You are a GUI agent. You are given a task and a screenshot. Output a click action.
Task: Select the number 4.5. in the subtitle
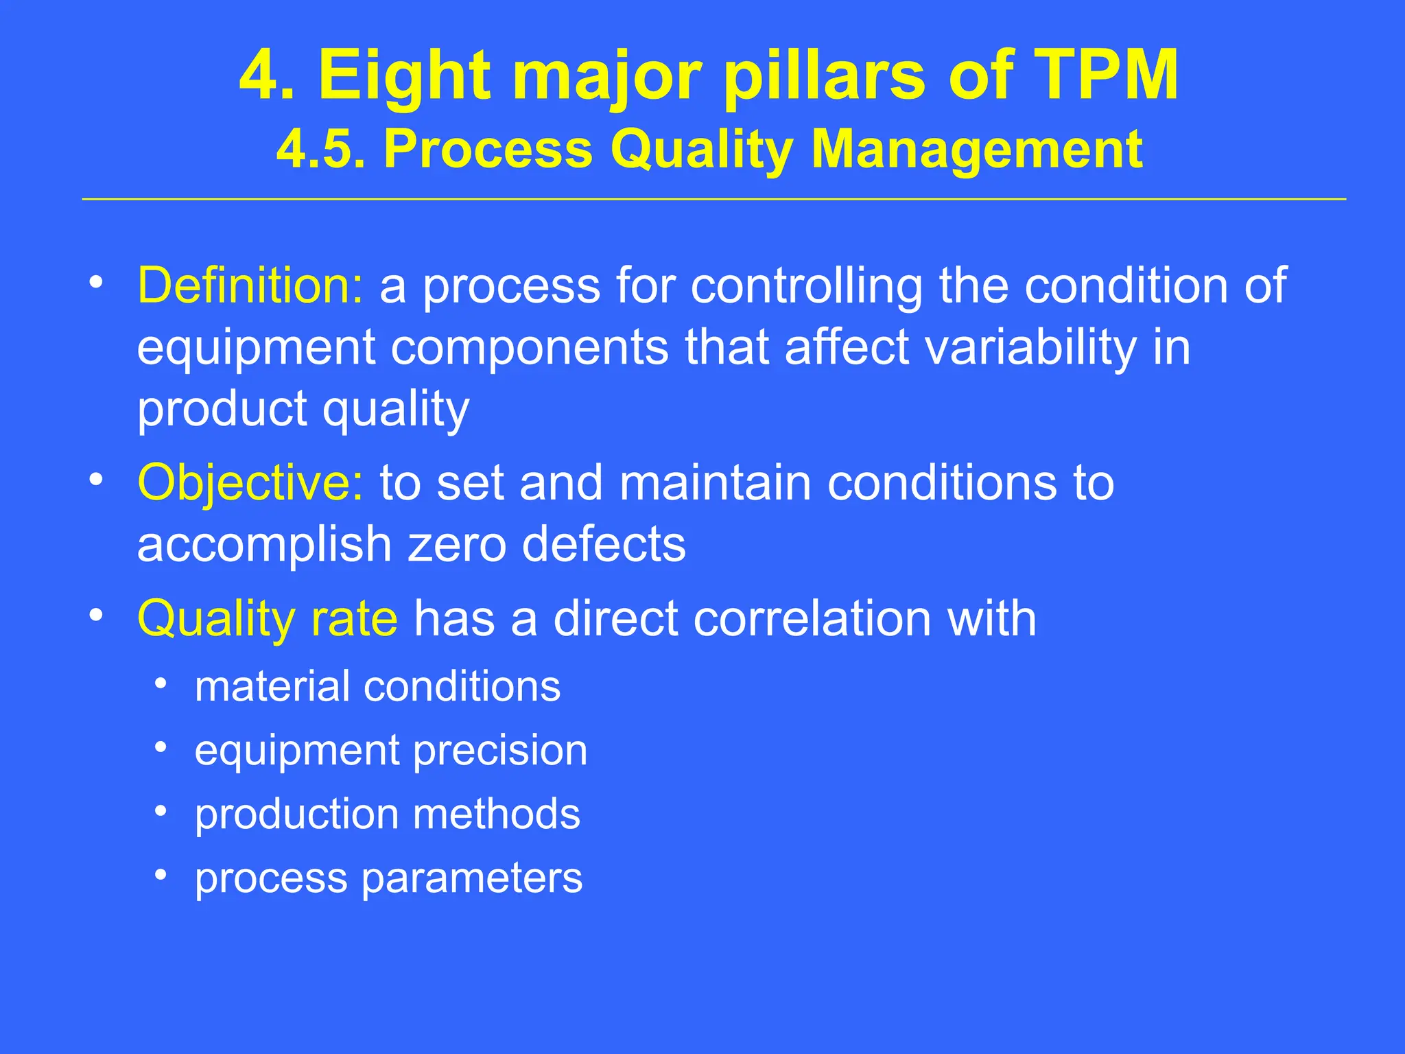320,149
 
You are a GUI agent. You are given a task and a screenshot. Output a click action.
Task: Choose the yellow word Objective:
250,482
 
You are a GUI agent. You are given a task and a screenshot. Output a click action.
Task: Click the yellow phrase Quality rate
267,618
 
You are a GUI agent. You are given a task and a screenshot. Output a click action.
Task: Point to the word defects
604,544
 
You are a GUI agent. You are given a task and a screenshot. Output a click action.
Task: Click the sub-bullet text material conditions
377,686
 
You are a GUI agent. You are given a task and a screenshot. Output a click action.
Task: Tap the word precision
500,750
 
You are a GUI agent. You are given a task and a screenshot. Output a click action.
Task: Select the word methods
496,814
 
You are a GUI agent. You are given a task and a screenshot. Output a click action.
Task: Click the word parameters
472,878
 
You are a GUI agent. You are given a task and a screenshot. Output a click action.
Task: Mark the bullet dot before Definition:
96,282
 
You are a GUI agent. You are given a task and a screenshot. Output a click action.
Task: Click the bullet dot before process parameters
161,875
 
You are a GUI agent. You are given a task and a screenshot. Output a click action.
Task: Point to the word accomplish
264,544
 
